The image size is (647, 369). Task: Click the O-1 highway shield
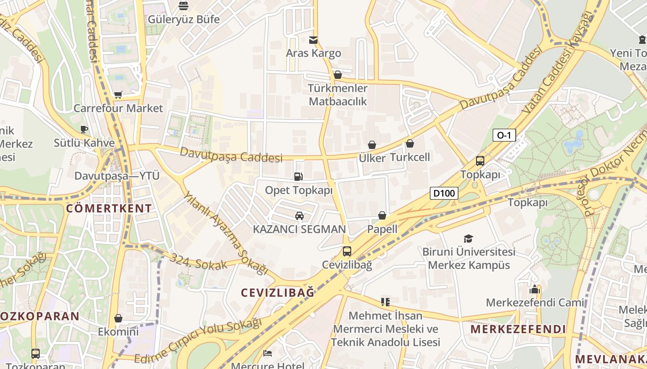tap(504, 135)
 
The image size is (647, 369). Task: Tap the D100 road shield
tap(444, 193)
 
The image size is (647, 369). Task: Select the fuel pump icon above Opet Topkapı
tap(299, 176)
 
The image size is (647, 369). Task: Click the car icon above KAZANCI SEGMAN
tap(299, 215)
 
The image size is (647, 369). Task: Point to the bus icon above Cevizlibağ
tap(347, 251)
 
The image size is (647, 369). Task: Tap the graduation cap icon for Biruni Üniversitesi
tap(469, 238)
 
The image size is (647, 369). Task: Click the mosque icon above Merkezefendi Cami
tap(535, 289)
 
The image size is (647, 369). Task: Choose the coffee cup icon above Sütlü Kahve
tap(84, 129)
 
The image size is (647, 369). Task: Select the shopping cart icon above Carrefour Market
tap(118, 95)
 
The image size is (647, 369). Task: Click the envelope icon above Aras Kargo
tap(313, 40)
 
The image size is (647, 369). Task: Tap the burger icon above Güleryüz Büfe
tap(183, 6)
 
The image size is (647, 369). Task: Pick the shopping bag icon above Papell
tap(382, 215)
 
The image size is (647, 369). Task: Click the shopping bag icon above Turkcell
tap(410, 143)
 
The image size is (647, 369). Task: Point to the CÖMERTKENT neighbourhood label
tap(109, 208)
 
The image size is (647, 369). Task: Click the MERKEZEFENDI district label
tap(518, 329)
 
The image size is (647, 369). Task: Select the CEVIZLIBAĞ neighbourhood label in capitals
tap(278, 292)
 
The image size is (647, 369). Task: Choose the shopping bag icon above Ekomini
tap(118, 318)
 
